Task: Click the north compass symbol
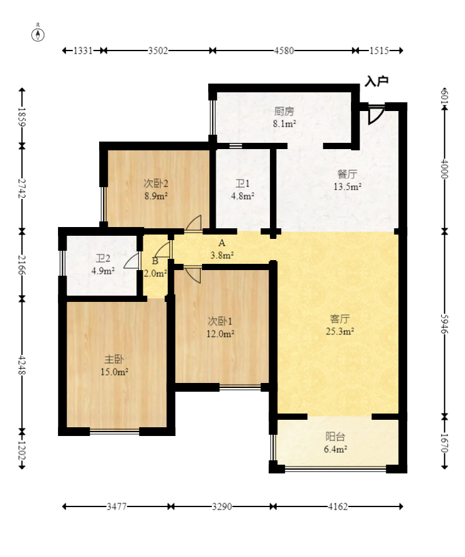[38, 34]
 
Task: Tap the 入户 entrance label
[376, 81]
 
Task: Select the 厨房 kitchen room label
[284, 112]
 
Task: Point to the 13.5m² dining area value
[347, 186]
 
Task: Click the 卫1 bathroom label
[242, 183]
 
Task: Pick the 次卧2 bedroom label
[155, 183]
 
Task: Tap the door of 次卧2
[194, 223]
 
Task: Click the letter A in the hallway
[222, 243]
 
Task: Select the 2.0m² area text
[155, 274]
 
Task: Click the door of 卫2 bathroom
[132, 261]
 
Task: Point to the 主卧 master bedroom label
[114, 359]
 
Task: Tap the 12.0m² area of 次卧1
[220, 334]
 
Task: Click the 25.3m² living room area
[340, 331]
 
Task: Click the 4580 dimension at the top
[284, 51]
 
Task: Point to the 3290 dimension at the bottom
[222, 506]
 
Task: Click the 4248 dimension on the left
[22, 365]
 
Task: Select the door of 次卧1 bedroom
[193, 274]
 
